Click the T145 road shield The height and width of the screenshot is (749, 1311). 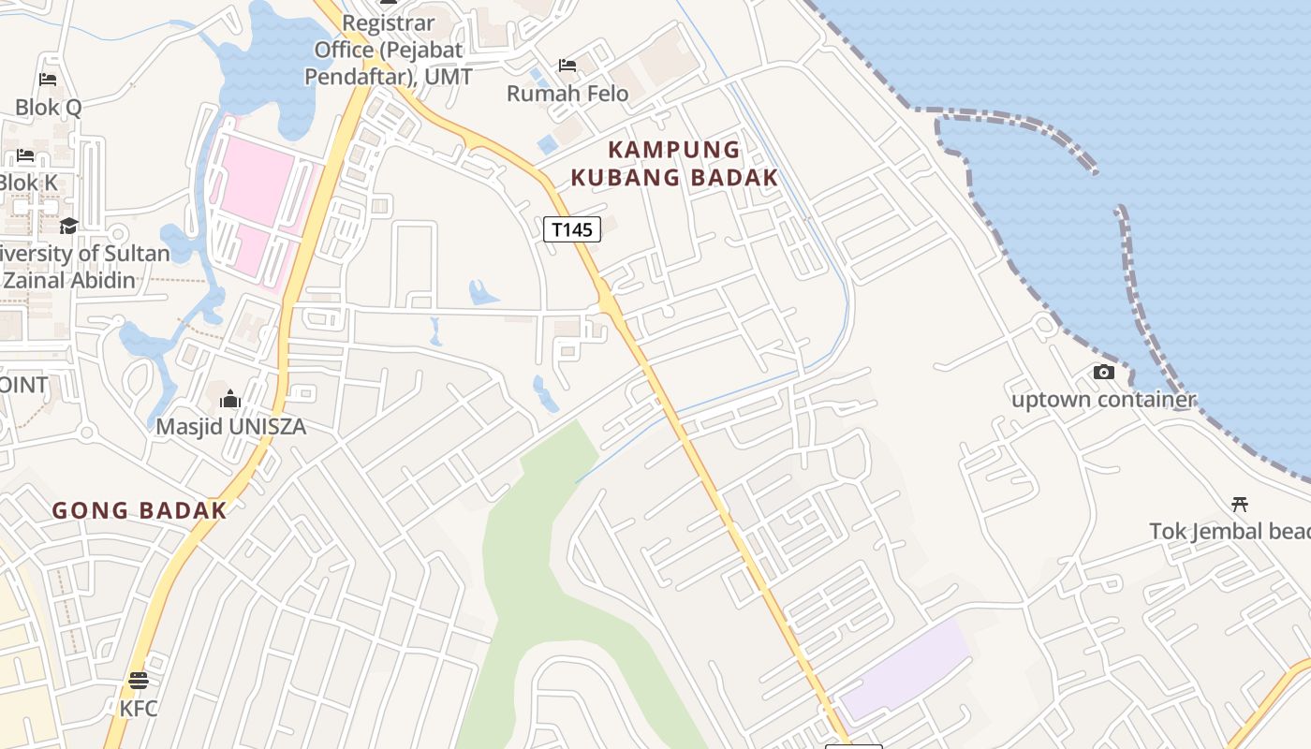(571, 229)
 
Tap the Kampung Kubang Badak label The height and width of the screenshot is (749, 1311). (674, 163)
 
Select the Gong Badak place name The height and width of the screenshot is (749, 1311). (140, 510)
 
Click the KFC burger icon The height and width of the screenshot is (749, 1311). (139, 681)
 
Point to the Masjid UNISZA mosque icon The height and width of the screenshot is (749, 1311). (230, 400)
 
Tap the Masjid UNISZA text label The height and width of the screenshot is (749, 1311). (230, 427)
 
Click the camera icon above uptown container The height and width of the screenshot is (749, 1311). (1104, 373)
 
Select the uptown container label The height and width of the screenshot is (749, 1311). (1103, 400)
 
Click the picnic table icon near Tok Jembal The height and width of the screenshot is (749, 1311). (1240, 505)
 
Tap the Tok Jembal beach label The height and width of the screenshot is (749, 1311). (1230, 531)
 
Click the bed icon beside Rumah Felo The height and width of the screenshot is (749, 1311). (567, 66)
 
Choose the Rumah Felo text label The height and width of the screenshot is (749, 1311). (567, 93)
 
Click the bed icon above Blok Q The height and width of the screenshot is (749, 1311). (48, 80)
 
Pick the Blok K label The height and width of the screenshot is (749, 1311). (28, 183)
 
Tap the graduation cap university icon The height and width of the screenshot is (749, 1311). (68, 226)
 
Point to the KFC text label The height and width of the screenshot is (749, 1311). (139, 709)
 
